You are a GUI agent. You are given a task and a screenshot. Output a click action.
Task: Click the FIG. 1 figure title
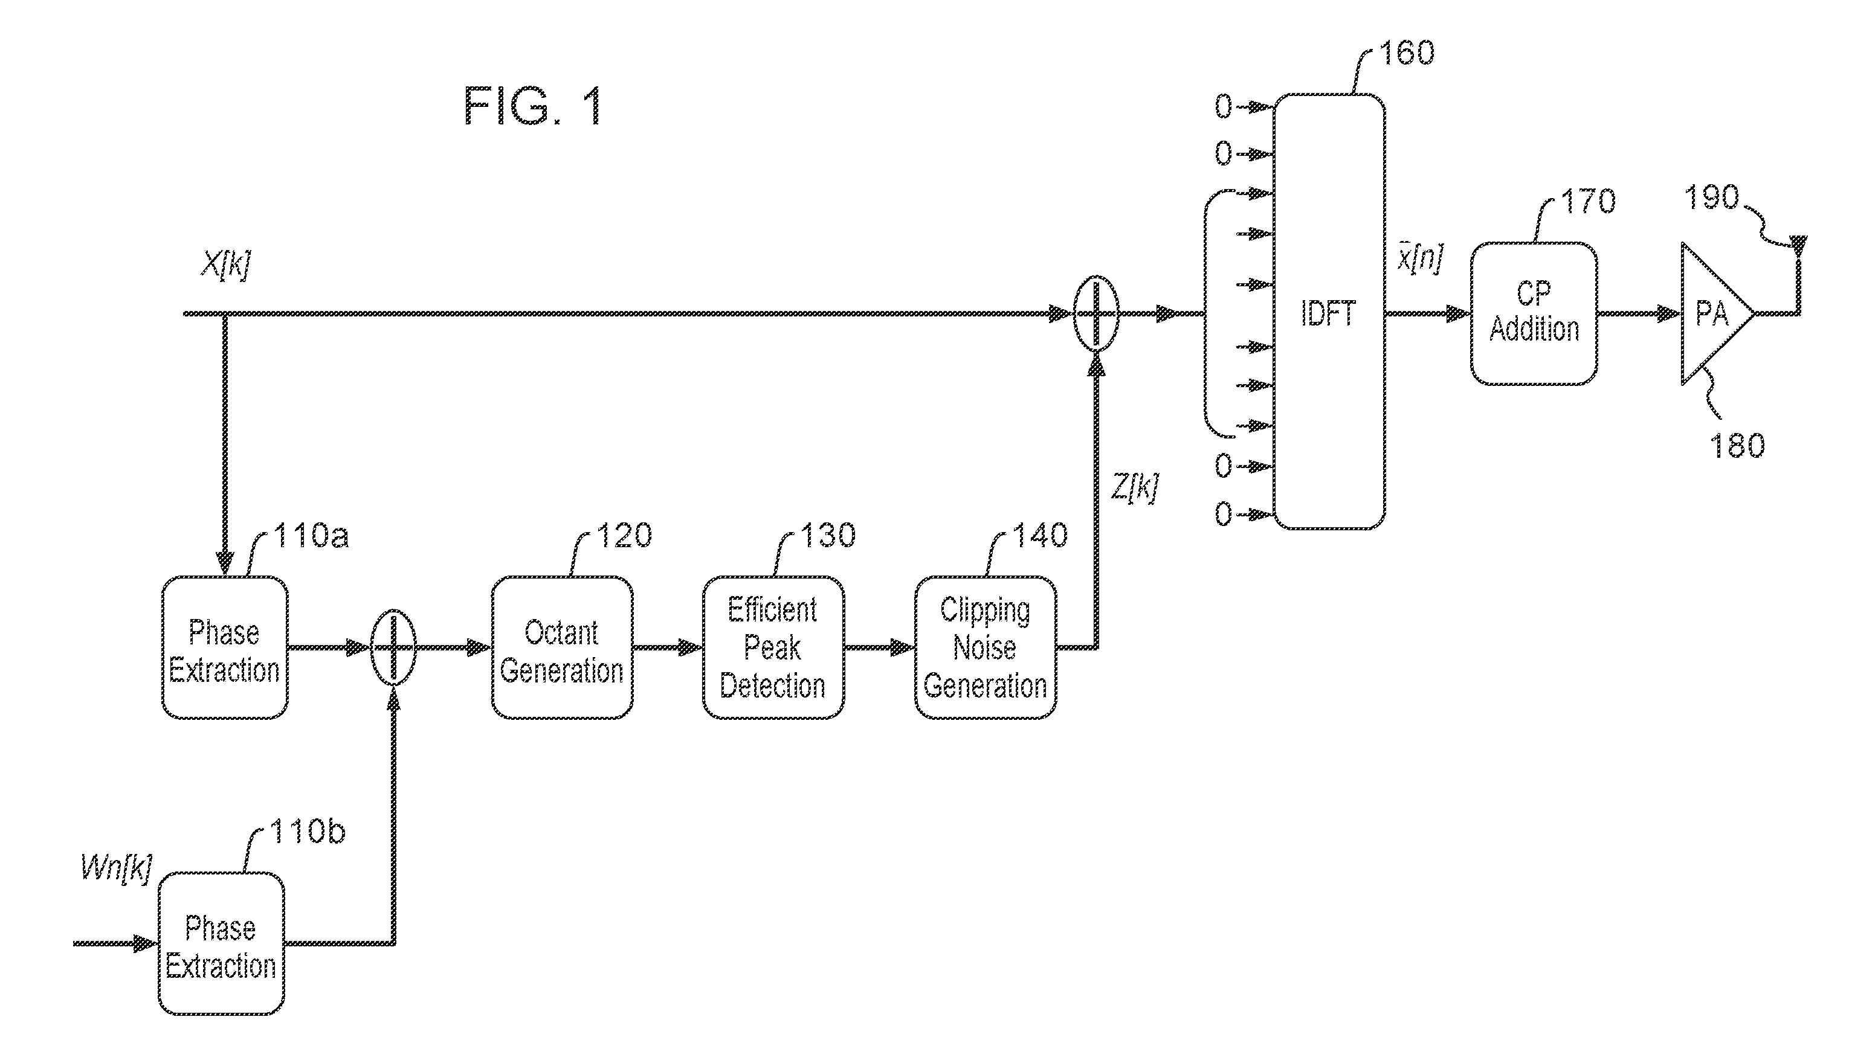534,106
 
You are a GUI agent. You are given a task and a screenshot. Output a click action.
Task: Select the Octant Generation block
562,648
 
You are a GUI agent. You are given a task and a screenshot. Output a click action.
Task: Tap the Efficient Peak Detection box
773,648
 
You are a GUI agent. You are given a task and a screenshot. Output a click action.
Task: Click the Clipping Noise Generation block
985,648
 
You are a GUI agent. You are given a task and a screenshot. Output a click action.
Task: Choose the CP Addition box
1534,313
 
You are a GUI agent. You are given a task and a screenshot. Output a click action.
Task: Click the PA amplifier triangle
1717,313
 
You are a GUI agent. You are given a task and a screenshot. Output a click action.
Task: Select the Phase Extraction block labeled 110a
225,648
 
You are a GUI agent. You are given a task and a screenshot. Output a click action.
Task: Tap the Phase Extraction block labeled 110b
221,944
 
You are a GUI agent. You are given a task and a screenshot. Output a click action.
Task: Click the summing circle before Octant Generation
393,648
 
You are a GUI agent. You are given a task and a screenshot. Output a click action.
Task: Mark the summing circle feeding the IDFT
1096,313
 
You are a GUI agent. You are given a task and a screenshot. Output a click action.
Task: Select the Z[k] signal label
1135,489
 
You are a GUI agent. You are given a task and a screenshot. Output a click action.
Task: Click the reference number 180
1737,446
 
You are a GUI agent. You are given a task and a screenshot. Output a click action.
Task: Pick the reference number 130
828,535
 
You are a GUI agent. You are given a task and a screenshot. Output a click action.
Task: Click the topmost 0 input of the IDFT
1223,107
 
